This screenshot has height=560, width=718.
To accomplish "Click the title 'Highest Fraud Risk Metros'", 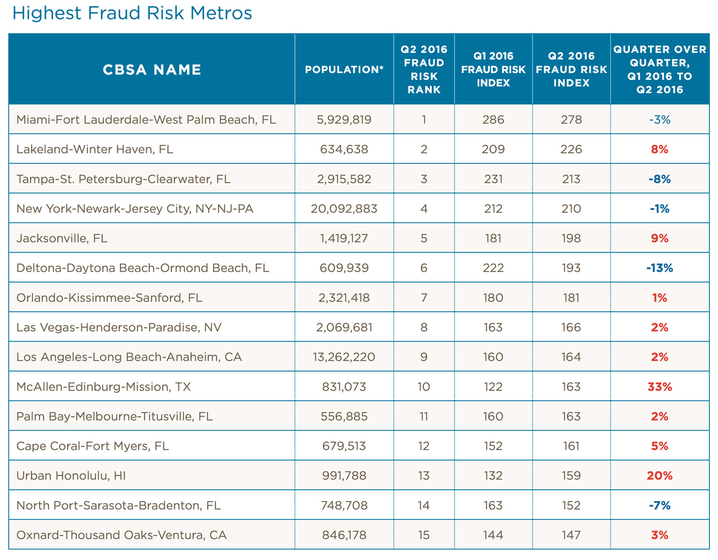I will click(x=132, y=13).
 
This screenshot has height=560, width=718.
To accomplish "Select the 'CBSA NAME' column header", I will click(x=152, y=70).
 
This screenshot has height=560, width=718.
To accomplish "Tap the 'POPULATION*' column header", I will click(x=344, y=70).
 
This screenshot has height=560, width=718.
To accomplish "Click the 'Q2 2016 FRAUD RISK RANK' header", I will click(x=424, y=69).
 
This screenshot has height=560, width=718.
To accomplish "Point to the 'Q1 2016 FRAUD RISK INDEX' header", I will click(x=493, y=69).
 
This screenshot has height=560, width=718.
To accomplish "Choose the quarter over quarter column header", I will click(x=660, y=69).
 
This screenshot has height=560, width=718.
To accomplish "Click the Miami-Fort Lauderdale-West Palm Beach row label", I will click(x=146, y=120).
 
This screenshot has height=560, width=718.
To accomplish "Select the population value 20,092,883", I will click(x=344, y=209).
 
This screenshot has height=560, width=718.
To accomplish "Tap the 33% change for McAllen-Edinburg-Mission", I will click(x=660, y=387).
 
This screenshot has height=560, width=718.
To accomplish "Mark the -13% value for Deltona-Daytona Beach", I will click(x=660, y=268).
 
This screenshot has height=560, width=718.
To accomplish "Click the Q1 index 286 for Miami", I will click(x=493, y=120).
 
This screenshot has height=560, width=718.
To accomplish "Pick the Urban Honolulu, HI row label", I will click(x=71, y=476).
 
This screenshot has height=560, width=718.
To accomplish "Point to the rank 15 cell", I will click(x=424, y=535).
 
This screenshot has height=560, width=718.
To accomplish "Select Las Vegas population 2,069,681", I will click(x=344, y=327).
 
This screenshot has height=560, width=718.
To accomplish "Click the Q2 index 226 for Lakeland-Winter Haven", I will click(x=571, y=149).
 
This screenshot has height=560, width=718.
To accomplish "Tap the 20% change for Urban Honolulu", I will click(x=660, y=476).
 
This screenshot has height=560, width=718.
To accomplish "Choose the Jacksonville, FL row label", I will click(x=62, y=238).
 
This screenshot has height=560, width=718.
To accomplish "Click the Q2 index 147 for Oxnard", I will click(x=571, y=535).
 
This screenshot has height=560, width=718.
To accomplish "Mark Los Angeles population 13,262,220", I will click(x=344, y=357).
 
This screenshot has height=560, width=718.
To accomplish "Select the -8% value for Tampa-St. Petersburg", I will click(x=660, y=179).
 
